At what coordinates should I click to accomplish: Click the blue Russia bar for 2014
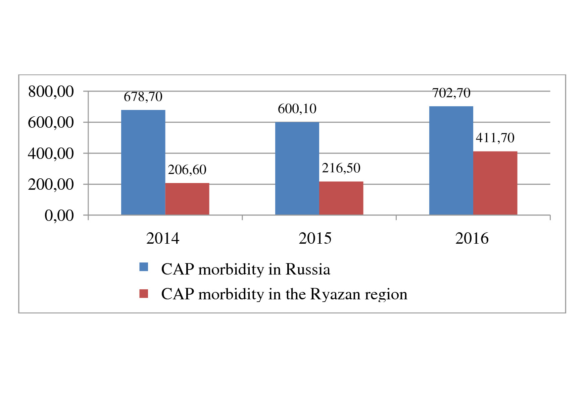143,162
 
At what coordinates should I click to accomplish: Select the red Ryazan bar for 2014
187,199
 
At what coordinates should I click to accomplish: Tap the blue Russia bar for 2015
297,168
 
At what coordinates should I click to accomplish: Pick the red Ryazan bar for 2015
341,198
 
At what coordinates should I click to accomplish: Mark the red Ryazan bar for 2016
495,183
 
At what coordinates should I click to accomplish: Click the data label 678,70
143,97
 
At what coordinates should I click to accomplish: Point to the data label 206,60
187,170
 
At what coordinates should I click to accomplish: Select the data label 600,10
297,109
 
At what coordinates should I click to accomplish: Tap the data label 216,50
341,168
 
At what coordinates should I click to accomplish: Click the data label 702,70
451,93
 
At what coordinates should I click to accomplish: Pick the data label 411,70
495,138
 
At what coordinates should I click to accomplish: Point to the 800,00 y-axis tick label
51,92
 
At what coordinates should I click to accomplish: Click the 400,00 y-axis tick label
51,154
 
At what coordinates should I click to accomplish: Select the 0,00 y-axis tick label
59,216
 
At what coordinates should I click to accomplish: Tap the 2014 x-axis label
163,238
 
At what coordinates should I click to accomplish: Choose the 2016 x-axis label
472,238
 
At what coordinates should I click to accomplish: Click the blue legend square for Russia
144,267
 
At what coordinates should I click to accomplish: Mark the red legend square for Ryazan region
144,294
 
